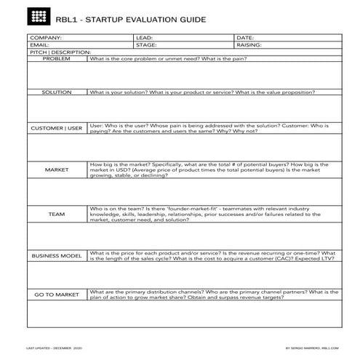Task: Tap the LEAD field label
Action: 144,37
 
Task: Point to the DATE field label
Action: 245,37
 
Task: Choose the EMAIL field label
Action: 39,44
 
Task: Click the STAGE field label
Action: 146,44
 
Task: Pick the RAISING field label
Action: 249,44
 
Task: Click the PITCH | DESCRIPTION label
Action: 60,52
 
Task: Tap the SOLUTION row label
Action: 57,93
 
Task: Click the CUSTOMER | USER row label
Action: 57,128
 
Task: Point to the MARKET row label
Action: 57,169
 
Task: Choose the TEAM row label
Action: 57,215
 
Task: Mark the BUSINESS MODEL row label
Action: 57,256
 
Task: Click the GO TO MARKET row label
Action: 57,295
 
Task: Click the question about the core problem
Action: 168,58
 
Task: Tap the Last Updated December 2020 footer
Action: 55,348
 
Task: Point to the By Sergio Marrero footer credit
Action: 313,348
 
